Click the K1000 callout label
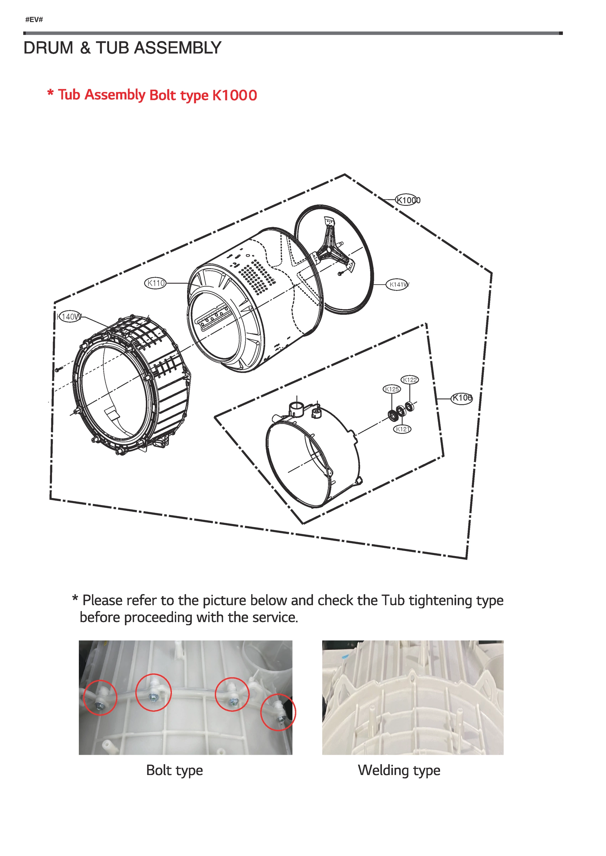pos(408,200)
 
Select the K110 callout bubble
pos(155,283)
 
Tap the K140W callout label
pos(69,317)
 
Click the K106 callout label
pos(462,398)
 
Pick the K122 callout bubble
pos(410,379)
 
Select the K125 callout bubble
pos(392,389)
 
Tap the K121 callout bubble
pos(402,429)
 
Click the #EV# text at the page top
pos(34,20)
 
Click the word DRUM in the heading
pos(48,48)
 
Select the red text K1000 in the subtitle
pos(234,95)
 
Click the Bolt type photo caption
pos(174,770)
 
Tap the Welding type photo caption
pos(399,770)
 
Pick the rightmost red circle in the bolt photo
pos(278,712)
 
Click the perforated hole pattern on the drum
pos(257,276)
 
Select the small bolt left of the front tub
pos(58,370)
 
